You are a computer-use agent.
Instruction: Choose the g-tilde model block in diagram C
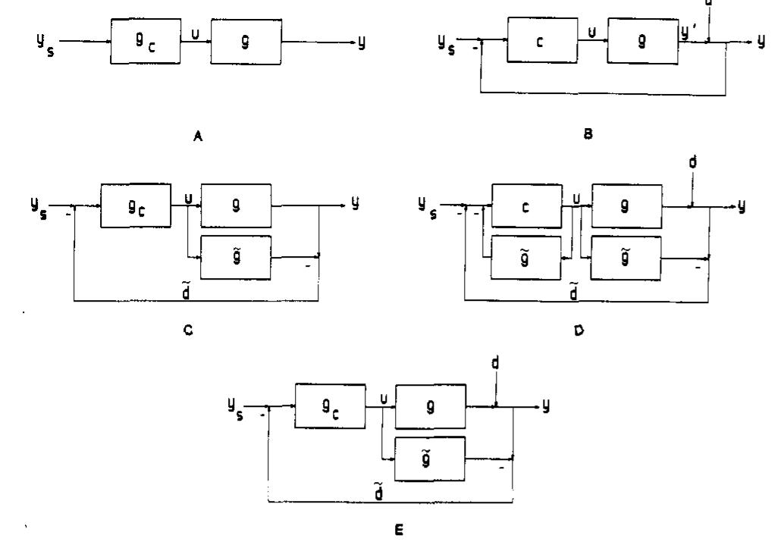(239, 259)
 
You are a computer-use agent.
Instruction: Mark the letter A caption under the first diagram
(196, 138)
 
